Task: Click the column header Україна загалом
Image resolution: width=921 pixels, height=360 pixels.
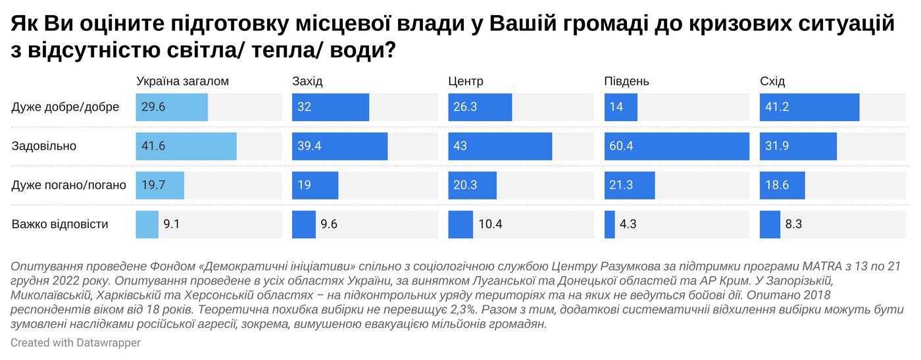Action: (x=182, y=82)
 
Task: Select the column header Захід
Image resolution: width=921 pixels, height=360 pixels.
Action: (x=307, y=82)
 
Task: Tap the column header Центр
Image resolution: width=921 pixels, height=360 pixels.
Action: (x=466, y=82)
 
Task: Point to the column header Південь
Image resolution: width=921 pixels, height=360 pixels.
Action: (x=627, y=82)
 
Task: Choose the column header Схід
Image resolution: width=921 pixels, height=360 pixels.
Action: (x=772, y=82)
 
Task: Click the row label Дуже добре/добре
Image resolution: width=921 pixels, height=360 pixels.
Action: (x=65, y=107)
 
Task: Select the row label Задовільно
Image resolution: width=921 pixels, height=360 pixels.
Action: (x=44, y=146)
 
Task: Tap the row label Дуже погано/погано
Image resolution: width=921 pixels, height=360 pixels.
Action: (x=69, y=185)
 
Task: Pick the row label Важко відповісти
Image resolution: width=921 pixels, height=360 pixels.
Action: (x=60, y=224)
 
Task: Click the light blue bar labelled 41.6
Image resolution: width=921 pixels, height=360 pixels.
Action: (x=186, y=146)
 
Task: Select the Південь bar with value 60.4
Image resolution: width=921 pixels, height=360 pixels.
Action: (x=677, y=146)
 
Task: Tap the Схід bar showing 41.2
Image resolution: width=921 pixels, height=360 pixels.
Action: (x=809, y=107)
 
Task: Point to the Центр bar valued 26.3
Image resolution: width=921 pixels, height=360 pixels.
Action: (x=480, y=107)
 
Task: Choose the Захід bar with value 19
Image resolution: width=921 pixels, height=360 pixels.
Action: (x=315, y=185)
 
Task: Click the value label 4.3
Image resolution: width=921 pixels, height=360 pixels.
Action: (x=628, y=224)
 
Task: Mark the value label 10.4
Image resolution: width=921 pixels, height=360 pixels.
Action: (x=490, y=224)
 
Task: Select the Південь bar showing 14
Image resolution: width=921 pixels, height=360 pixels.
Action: (x=621, y=107)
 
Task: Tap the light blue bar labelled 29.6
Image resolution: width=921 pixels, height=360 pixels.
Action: (x=172, y=107)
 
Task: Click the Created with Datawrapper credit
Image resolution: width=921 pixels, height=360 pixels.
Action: (x=76, y=343)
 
